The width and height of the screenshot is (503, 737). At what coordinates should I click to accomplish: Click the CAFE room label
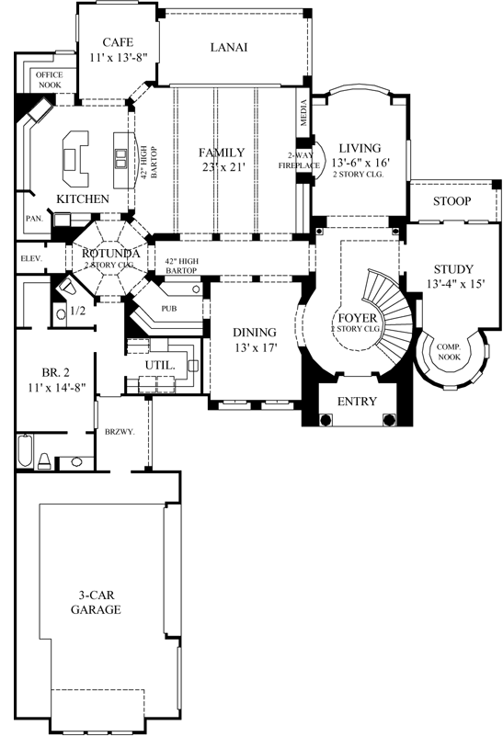(119, 42)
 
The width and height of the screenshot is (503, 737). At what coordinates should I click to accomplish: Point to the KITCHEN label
(83, 198)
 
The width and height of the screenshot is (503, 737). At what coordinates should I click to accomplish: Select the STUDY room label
(452, 269)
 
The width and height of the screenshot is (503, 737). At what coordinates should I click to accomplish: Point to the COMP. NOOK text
(449, 350)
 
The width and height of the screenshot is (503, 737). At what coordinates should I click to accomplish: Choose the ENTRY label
(356, 402)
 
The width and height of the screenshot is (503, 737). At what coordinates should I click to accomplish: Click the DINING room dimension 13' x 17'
(255, 349)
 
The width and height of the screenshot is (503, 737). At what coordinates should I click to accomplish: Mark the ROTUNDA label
(110, 254)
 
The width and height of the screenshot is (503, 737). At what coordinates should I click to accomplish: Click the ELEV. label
(32, 259)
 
